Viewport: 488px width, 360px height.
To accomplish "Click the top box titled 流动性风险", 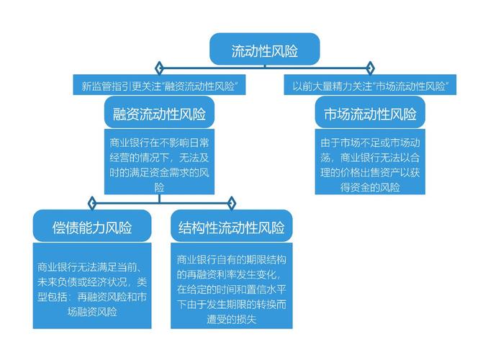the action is (265, 49).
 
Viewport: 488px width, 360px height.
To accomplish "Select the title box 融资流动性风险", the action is (159, 112).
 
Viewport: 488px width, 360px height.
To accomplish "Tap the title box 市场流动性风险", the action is (370, 112).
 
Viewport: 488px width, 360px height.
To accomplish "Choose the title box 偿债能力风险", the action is (92, 226).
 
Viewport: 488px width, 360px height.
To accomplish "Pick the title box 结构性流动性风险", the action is (232, 226).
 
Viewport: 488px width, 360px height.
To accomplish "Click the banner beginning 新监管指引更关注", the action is (159, 85).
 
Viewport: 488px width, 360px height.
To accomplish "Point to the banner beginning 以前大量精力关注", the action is (370, 85).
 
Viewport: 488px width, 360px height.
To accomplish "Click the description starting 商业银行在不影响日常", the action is (159, 161).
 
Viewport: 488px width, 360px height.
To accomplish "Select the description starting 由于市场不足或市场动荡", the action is (370, 161).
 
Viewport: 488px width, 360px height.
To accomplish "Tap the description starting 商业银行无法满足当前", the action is (92, 286).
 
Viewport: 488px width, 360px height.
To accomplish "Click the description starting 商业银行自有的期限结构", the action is (232, 286).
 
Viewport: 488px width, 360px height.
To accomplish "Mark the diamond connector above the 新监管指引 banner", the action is (159, 68).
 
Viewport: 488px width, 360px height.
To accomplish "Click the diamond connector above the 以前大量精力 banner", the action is (370, 68).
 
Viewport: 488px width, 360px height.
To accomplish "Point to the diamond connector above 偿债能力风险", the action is (92, 203).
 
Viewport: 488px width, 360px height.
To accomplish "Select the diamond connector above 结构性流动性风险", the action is (232, 203).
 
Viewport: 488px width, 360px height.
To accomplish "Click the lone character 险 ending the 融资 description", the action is (159, 188).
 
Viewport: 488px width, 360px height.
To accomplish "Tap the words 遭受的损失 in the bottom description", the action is (232, 319).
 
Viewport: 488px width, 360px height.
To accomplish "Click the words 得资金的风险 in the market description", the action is (370, 187).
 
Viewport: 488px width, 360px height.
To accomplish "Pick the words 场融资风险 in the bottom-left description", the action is (92, 312).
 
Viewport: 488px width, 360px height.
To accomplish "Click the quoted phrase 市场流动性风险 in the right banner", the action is (410, 86).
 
